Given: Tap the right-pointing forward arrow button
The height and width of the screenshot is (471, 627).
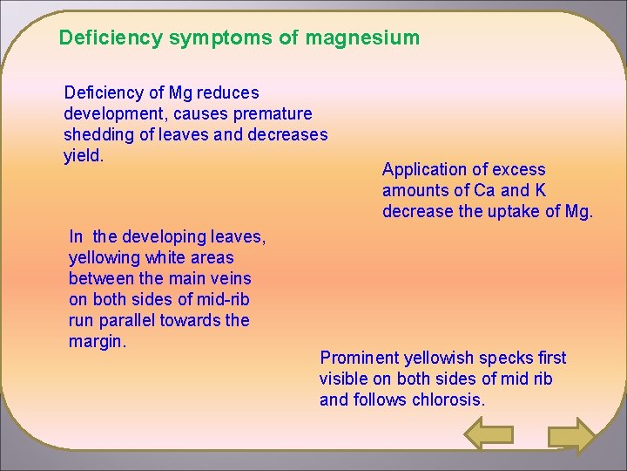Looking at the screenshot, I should (572, 436).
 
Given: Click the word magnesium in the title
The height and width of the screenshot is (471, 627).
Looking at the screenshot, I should (362, 38).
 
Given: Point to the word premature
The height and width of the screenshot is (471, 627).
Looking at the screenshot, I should (272, 113).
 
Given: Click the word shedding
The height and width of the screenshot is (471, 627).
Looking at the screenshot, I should (97, 134).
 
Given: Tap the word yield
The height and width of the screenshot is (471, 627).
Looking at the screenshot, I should (84, 155).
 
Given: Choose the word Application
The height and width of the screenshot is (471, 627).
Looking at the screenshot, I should (422, 169).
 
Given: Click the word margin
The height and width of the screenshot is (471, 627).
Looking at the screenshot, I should (98, 341).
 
